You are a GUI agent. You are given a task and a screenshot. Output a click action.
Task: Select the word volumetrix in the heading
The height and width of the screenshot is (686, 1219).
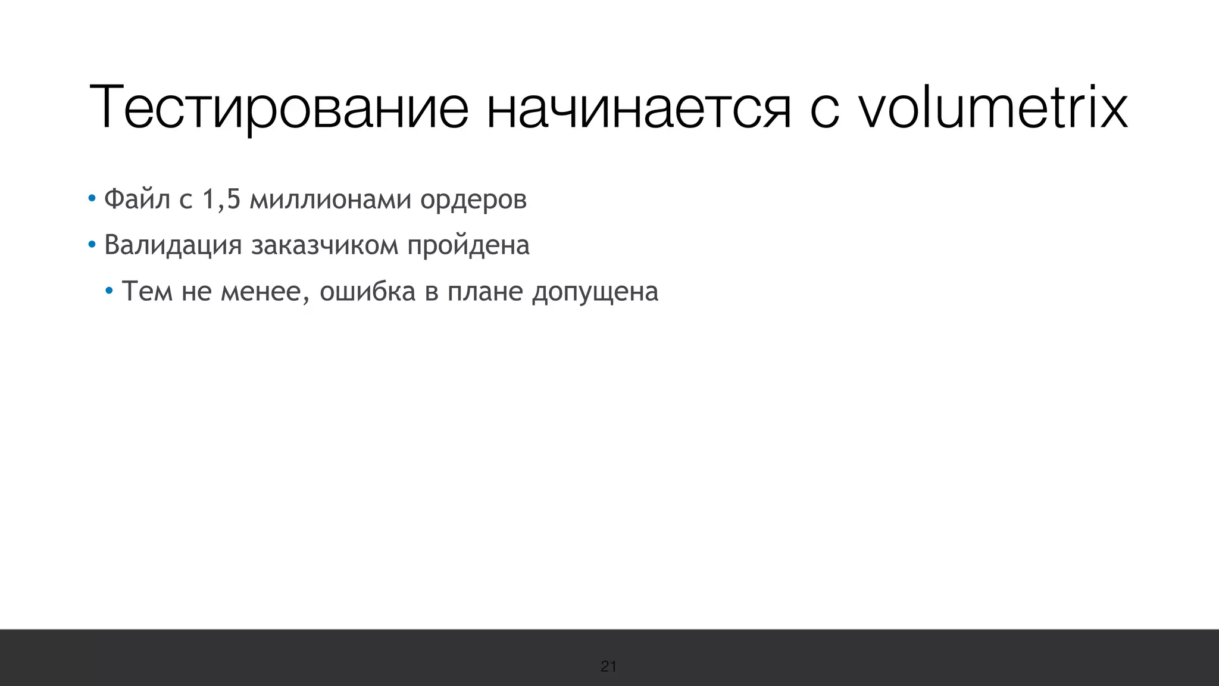click(992, 108)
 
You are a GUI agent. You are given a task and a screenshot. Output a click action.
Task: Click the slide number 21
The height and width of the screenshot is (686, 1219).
click(608, 666)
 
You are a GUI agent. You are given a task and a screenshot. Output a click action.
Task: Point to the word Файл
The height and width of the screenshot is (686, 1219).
click(137, 199)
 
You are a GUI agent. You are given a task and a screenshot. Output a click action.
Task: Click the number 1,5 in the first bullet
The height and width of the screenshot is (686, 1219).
click(221, 199)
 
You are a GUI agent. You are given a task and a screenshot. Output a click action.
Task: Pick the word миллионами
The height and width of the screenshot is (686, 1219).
click(330, 199)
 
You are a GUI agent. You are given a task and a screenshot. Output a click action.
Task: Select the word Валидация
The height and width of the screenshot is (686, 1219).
click(173, 245)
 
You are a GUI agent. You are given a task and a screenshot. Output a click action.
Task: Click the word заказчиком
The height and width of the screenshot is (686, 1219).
click(324, 245)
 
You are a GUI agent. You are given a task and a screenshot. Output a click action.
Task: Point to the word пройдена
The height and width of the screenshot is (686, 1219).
click(468, 245)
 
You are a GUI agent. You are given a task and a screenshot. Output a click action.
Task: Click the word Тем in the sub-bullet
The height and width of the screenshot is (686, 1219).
click(146, 292)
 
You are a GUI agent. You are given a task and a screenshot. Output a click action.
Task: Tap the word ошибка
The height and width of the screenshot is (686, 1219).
click(367, 292)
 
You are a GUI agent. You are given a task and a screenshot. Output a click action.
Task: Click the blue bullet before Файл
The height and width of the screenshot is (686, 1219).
click(91, 198)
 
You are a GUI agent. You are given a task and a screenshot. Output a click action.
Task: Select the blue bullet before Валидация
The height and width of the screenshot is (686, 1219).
click(91, 244)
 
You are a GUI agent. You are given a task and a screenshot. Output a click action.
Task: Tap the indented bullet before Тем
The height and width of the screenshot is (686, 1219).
click(108, 291)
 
